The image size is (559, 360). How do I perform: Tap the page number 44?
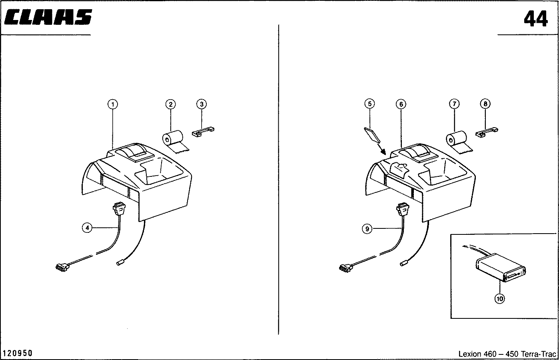coord(535,19)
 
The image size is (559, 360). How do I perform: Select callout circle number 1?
coord(113,104)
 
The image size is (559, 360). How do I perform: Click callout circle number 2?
coord(171,104)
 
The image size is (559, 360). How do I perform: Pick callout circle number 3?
coord(202,104)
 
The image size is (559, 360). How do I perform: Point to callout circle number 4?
coord(87,228)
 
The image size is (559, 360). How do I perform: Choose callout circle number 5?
coord(369,104)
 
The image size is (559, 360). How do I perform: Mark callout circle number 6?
coord(401,104)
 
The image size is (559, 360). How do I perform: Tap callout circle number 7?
coord(453,104)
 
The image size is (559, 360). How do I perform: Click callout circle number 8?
coord(485,104)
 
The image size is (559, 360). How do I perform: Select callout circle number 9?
coord(367,229)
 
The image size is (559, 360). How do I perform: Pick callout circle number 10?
coord(499,298)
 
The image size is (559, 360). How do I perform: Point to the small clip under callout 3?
coord(203,132)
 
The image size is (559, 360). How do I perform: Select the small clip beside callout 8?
coord(486,132)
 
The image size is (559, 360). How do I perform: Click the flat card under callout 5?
coord(372,135)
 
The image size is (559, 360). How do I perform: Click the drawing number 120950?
coord(18,353)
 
